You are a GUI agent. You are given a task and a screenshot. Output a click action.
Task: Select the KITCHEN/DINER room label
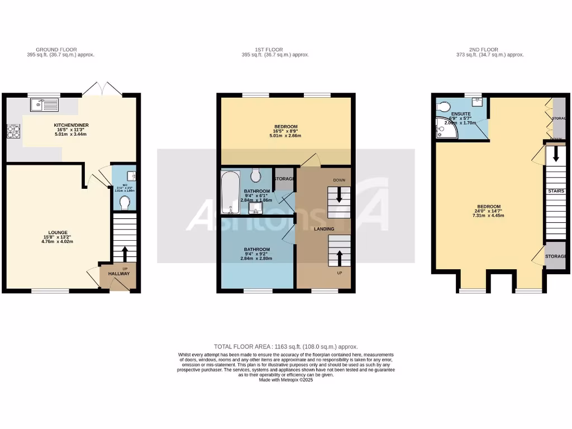71,125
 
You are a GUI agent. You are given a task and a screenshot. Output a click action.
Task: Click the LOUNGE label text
58,232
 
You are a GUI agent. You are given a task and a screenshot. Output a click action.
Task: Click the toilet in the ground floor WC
125,201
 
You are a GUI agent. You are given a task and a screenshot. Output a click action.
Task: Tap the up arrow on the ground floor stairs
124,253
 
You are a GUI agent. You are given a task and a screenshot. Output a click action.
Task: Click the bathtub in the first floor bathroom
230,193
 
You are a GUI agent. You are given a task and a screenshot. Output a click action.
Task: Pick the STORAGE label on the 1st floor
284,179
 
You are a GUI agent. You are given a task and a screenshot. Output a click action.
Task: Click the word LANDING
324,229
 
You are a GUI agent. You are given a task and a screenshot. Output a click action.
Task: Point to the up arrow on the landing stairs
339,258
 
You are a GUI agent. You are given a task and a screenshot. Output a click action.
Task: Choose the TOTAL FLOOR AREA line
285,347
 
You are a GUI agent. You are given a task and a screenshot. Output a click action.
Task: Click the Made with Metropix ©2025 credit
285,380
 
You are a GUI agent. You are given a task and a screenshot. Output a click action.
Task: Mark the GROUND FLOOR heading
56,50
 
